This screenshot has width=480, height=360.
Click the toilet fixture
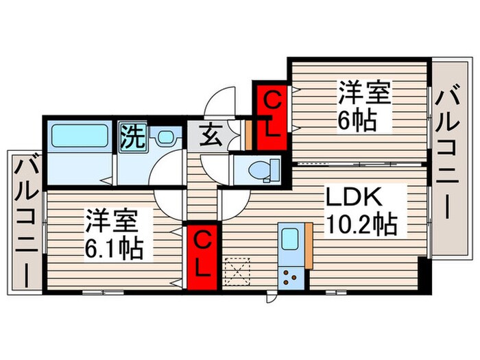(x=263, y=168)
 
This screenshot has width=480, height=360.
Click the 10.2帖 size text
(x=362, y=225)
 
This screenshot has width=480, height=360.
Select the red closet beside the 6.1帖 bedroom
(x=204, y=254)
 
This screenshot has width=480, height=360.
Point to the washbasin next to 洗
(x=165, y=137)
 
